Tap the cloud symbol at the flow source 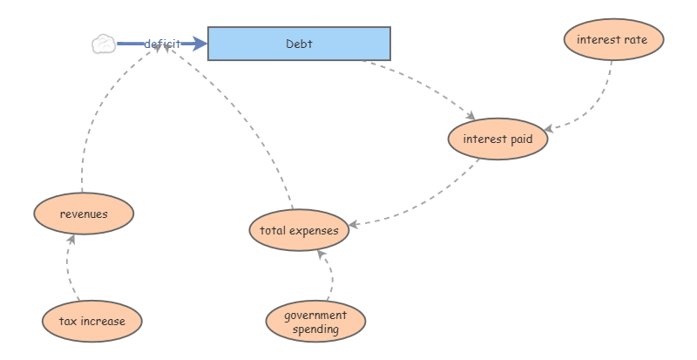coord(104,44)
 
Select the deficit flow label coord(162,44)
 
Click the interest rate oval coord(612,40)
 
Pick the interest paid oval coord(497,139)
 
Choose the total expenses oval coord(299,230)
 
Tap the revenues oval coord(84,214)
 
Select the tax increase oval coord(91,321)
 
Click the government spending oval coord(315,321)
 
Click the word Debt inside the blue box coord(299,44)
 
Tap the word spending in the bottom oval coord(315,330)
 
